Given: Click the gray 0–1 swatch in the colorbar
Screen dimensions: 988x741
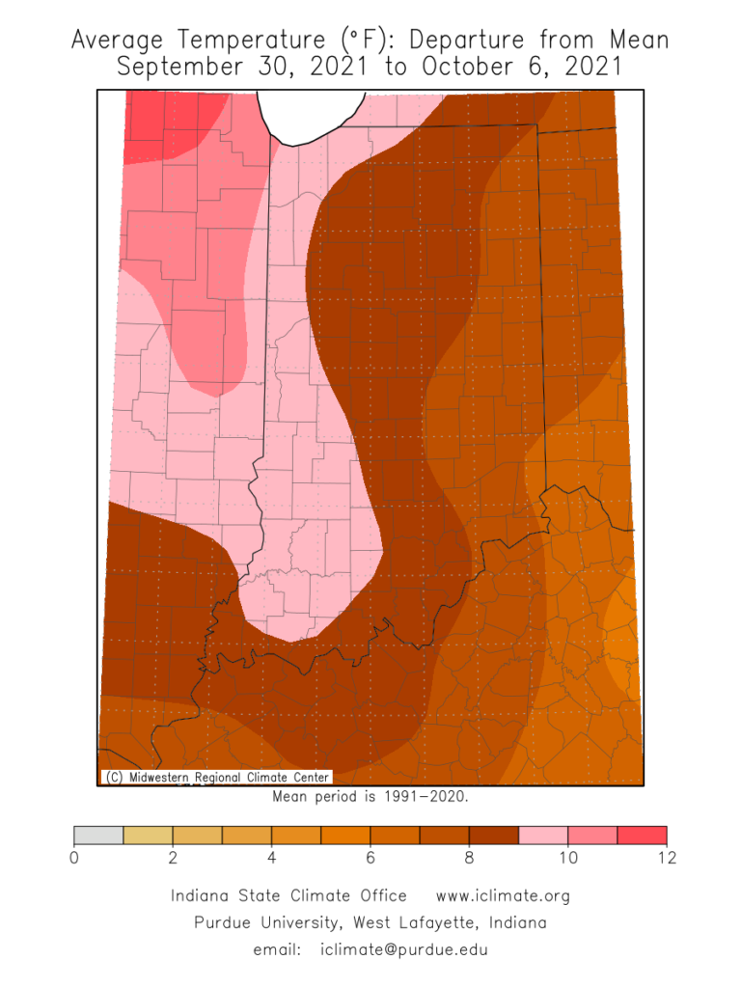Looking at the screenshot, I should [x=98, y=836].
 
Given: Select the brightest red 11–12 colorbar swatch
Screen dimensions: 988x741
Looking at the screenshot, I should [x=642, y=836].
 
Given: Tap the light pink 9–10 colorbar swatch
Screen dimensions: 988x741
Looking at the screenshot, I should [x=543, y=836].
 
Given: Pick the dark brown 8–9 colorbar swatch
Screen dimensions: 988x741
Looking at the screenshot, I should [x=494, y=836].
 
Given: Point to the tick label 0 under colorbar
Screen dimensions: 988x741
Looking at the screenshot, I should [x=74, y=859].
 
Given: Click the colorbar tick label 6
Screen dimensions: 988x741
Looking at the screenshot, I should [x=370, y=859].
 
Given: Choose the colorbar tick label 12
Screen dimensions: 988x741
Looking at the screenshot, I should [x=667, y=859].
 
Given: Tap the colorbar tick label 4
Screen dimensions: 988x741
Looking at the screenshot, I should [x=272, y=859].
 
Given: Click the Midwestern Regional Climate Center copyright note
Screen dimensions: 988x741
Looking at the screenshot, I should [x=216, y=778].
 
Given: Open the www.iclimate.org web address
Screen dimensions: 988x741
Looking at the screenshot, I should [x=503, y=896].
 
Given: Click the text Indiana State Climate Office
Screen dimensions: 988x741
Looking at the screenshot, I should [x=288, y=896].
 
